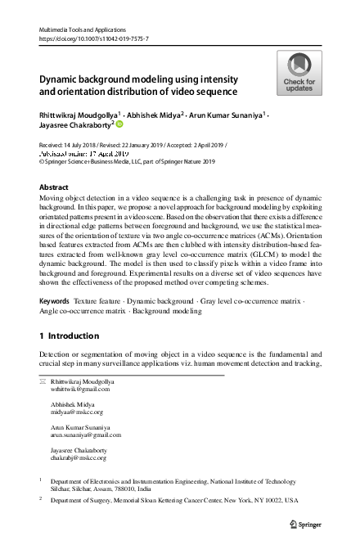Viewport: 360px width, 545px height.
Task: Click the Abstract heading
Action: [x=54, y=187]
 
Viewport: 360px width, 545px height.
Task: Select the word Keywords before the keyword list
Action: [x=54, y=302]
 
